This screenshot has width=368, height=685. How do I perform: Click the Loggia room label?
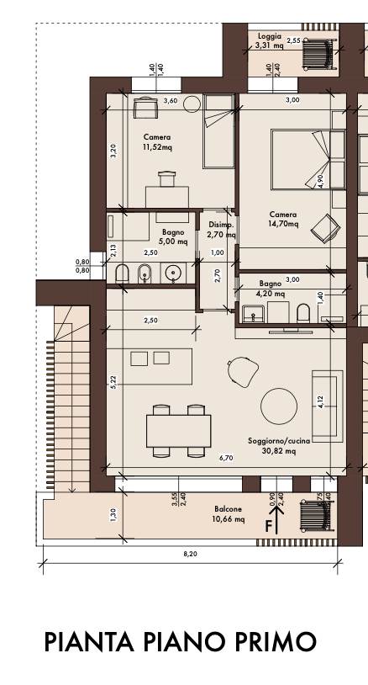270,36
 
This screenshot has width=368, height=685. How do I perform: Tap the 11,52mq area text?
157,147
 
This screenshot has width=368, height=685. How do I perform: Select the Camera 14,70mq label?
283,220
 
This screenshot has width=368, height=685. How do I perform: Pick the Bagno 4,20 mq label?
272,289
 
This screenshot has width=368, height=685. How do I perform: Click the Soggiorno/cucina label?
279,441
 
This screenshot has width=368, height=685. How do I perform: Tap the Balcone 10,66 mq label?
229,514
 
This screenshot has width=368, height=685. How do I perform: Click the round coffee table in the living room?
279,406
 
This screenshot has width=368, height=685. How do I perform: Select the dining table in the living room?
178,431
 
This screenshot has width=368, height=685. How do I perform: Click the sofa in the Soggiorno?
328,406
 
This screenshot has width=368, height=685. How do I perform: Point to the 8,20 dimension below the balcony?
190,554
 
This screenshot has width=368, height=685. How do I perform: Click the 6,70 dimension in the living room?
226,458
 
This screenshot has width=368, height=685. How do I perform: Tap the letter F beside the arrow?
269,527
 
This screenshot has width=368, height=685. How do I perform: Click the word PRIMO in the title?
276,642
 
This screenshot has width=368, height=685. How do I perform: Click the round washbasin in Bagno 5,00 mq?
173,273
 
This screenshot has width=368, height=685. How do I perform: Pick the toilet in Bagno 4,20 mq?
302,313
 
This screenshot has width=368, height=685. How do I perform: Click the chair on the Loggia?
319,54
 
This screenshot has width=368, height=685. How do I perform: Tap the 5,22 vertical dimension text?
113,382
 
